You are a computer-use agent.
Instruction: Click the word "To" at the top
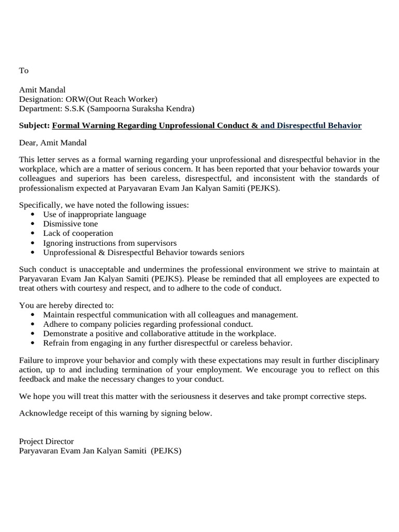[x=23, y=71]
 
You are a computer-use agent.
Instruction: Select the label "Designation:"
[x=41, y=99]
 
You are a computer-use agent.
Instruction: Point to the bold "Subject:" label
[x=34, y=126]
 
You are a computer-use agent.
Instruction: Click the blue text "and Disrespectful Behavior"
[x=311, y=126]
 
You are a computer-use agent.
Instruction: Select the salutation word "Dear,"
[x=29, y=142]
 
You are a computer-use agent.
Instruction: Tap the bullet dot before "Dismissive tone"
[x=33, y=224]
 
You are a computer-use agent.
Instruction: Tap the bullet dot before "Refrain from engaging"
[x=33, y=343]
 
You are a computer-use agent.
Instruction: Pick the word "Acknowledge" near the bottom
[x=43, y=414]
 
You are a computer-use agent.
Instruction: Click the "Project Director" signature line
[x=46, y=442]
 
